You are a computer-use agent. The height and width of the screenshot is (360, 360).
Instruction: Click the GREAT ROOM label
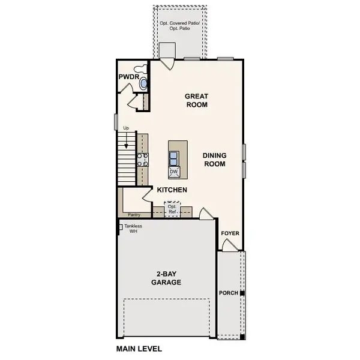point(196,100)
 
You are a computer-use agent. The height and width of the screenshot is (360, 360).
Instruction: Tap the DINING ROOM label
point(214,159)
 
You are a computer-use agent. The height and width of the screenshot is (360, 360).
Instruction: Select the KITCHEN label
point(172,190)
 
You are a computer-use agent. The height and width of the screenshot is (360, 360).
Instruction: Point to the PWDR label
point(128,76)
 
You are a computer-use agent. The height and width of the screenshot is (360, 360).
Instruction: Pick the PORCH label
point(229,293)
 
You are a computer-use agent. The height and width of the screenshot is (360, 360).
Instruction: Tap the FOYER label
point(230,233)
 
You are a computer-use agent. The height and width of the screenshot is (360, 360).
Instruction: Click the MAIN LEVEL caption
point(139,348)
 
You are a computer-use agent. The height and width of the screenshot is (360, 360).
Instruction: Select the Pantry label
point(134,213)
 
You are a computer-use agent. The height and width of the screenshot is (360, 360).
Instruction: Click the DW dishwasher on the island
point(174,172)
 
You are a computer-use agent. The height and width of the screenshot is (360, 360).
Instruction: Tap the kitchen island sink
point(174,158)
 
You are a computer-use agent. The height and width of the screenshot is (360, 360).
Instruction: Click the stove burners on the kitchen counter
point(143,159)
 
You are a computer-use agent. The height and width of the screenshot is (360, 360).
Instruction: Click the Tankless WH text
point(134,229)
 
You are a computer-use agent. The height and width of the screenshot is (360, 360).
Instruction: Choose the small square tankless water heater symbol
point(121,227)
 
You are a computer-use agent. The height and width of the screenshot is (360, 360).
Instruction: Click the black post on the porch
point(242,293)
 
